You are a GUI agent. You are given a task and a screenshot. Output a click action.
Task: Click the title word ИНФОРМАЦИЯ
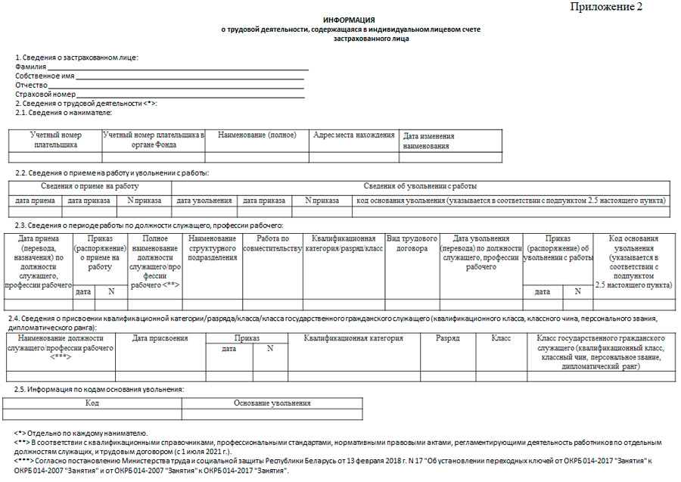pos(350,19)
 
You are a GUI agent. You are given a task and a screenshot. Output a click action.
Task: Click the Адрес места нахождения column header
pos(354,135)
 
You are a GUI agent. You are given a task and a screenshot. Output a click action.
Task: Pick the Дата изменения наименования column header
pos(429,141)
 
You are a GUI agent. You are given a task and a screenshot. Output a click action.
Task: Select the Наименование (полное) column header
pos(257,135)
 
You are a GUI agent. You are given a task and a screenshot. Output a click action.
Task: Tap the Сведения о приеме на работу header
pos(90,186)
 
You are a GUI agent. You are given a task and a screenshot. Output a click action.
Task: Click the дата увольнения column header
pos(204,201)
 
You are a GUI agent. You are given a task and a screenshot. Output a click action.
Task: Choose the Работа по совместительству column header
pos(273,244)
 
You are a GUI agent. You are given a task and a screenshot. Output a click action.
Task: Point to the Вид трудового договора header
pos(412,244)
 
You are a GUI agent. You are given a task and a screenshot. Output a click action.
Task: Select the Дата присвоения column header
pos(160,339)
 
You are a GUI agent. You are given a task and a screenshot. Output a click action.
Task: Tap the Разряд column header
pos(448,339)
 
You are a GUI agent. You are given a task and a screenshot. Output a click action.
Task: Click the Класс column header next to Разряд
pos(501,339)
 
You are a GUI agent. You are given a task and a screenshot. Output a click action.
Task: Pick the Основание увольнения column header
pos(272,404)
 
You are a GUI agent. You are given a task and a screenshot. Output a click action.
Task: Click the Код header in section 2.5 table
pos(92,404)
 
